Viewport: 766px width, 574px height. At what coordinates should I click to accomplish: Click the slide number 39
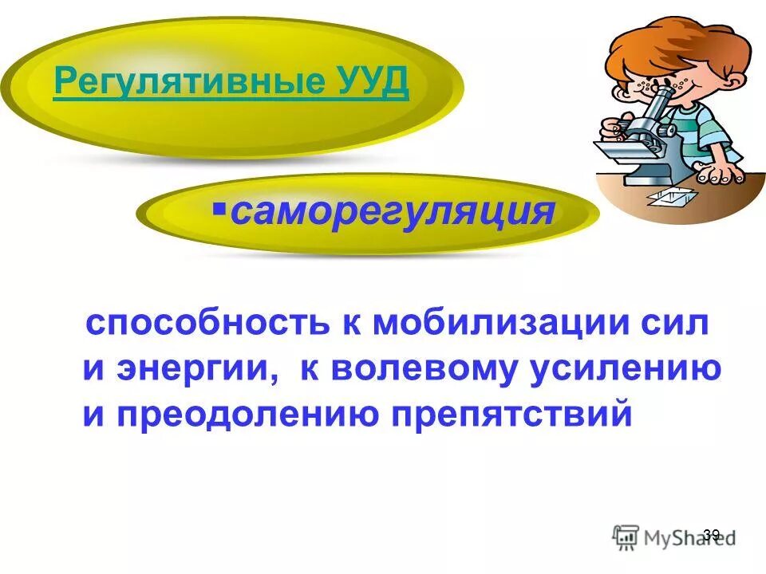click(x=712, y=535)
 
